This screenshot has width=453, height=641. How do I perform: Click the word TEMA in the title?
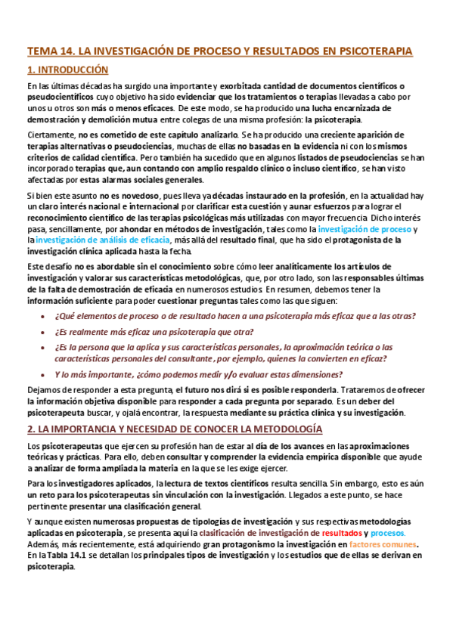(x=40, y=51)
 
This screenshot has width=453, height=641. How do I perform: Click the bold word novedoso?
(x=114, y=195)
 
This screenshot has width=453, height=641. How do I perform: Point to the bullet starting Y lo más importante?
(x=199, y=374)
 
